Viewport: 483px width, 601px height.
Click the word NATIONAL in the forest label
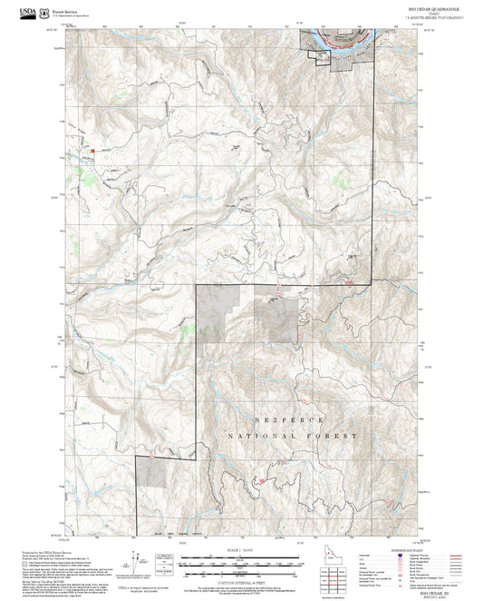click(256, 436)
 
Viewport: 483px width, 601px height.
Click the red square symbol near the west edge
click(92, 150)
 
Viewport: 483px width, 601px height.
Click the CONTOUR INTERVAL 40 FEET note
click(240, 581)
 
